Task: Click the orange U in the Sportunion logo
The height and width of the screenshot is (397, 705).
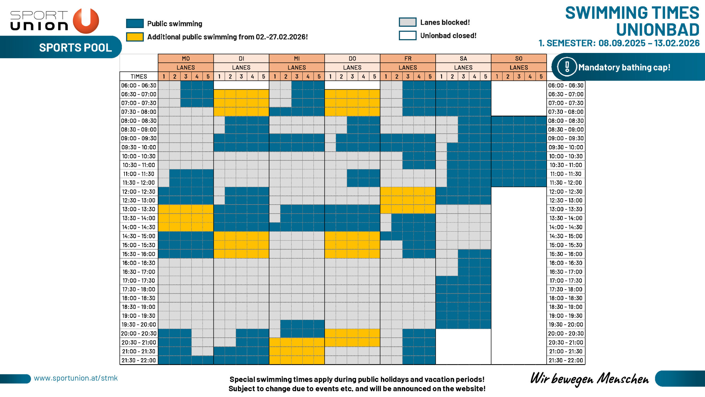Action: (x=86, y=21)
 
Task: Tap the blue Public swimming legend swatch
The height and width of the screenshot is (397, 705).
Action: (x=135, y=23)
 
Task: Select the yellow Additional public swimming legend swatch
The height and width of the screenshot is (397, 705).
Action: (x=135, y=37)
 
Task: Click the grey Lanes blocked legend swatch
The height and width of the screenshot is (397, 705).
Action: (x=408, y=22)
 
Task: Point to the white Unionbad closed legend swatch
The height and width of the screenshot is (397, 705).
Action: (x=408, y=35)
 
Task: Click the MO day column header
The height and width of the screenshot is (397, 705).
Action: (x=186, y=58)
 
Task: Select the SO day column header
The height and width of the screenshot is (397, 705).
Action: (x=519, y=58)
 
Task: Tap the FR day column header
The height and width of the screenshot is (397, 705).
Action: (x=408, y=58)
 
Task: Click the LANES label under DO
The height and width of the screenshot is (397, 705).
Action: (x=352, y=67)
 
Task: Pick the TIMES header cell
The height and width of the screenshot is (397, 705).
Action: (x=139, y=76)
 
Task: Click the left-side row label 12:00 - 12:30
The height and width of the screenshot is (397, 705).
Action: (x=139, y=191)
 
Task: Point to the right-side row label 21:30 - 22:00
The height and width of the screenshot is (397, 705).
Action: (x=566, y=360)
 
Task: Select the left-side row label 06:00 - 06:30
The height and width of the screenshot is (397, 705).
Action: (x=139, y=85)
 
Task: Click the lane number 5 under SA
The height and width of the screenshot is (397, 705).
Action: (x=485, y=76)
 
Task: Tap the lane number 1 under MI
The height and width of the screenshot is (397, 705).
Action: (x=275, y=76)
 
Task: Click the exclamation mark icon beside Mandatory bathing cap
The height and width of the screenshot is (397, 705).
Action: (x=567, y=67)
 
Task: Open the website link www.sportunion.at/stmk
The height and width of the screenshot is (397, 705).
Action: (x=76, y=378)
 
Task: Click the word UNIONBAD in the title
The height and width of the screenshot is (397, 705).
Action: (x=657, y=29)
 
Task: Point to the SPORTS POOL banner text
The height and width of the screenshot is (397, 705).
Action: (x=75, y=47)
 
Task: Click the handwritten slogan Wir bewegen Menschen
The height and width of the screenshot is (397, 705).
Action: (x=589, y=378)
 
